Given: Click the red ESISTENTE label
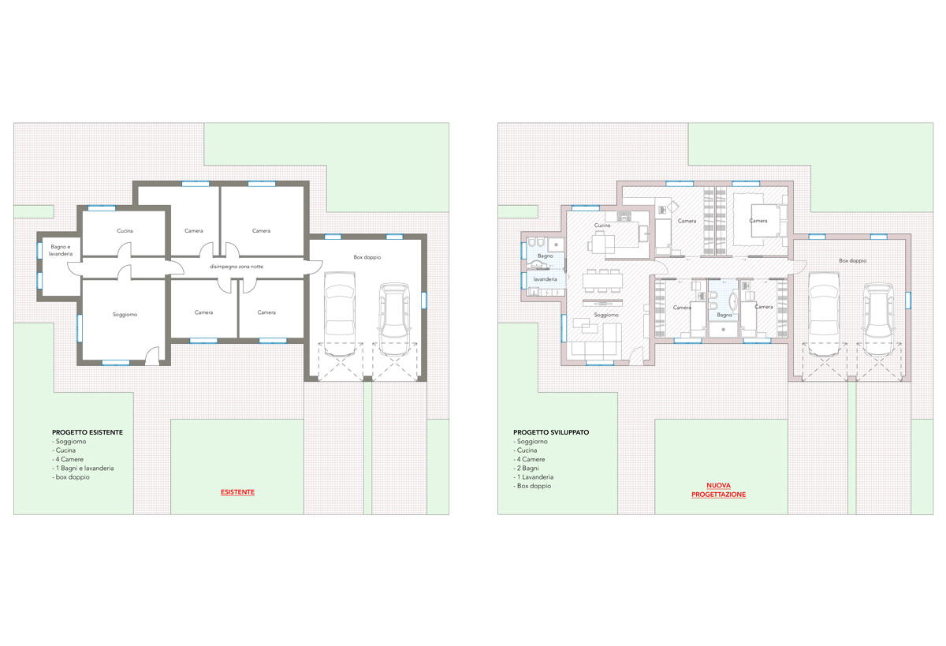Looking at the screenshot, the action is [237, 492].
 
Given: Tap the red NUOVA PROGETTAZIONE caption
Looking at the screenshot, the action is [718, 490].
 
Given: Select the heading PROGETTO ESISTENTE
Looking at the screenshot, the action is [88, 432].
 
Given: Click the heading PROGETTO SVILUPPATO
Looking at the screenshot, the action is [551, 432].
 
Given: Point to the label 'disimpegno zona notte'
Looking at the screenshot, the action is [236, 267].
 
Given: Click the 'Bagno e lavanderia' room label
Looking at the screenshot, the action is [61, 250].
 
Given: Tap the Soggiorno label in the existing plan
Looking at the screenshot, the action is [125, 315].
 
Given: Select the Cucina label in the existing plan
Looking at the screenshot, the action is [125, 230].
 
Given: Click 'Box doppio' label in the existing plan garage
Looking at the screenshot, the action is [367, 257].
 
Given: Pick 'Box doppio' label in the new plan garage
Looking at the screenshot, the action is [853, 260].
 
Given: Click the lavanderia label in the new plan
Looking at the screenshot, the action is [545, 279].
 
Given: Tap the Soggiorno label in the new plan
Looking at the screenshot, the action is [606, 315].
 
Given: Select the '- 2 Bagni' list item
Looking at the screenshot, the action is [527, 468].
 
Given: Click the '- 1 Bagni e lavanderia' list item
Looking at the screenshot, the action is [83, 468].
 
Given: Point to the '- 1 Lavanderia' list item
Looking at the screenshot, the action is [534, 477].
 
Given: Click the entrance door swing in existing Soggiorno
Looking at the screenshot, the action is [152, 356].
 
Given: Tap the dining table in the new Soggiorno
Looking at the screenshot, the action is [602, 281].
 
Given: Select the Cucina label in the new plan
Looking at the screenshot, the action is [602, 225].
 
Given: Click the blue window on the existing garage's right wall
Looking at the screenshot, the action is [423, 301].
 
